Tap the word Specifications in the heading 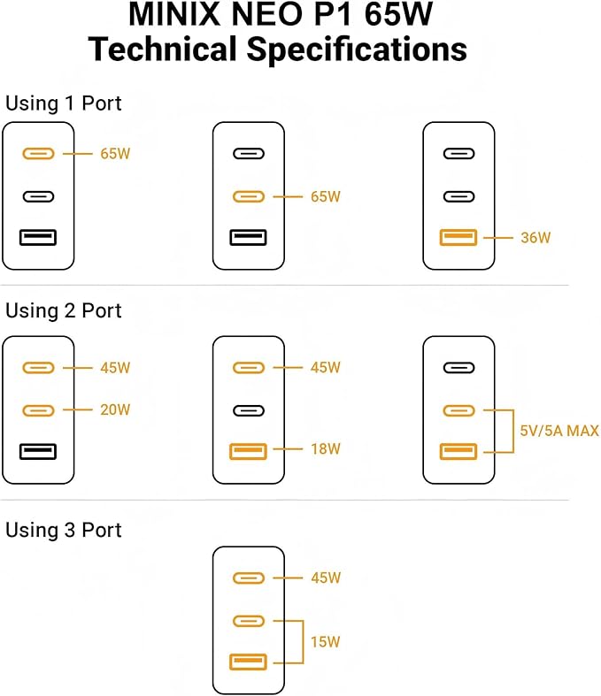357,50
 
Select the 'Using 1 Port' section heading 64,103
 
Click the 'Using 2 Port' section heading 64,310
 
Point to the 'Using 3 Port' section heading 64,530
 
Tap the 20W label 115,409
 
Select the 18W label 326,449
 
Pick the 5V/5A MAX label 559,432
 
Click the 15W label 326,640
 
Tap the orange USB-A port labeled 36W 458,237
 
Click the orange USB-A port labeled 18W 248,452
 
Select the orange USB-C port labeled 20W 38,410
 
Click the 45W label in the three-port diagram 326,578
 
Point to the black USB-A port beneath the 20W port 38,452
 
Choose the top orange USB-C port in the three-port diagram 248,578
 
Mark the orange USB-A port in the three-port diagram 248,661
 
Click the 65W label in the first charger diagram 115,154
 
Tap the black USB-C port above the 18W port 248,410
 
